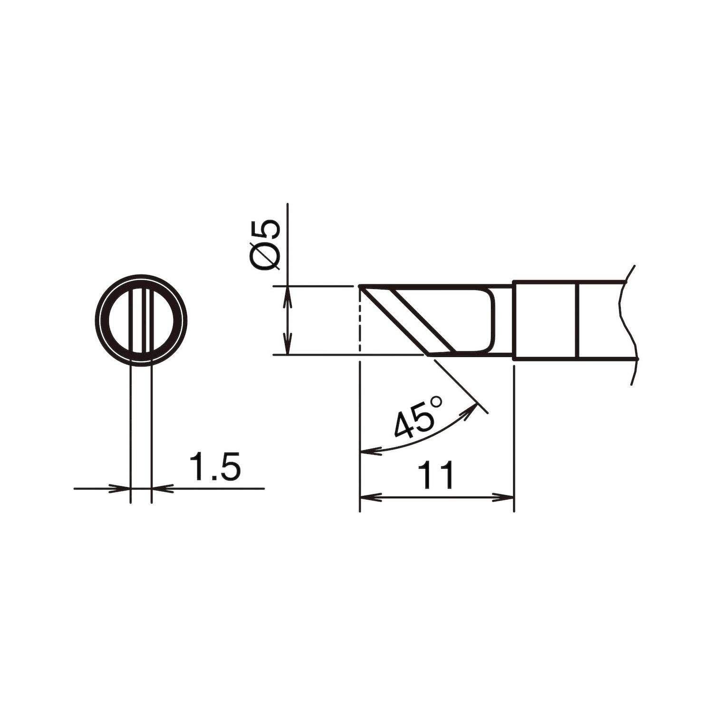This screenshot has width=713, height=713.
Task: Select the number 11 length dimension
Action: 436,476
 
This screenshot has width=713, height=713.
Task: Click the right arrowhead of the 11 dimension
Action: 504,497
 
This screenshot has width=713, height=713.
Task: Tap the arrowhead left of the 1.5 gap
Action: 121,488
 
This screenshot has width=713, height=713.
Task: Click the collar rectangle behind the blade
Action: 545,320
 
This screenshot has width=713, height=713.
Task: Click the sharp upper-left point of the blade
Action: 361,287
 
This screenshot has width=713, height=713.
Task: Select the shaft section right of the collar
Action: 601,320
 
